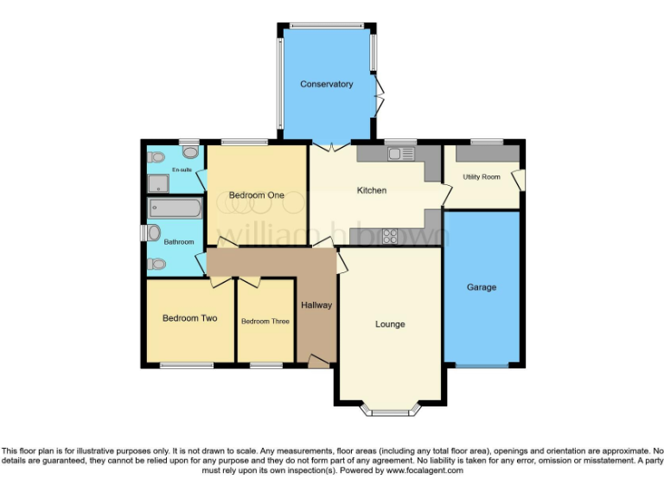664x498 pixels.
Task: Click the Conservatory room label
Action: pos(326,84)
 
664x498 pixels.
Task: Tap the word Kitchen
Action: pos(372,190)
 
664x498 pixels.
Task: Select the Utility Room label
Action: pos(482,177)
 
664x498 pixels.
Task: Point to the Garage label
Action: pos(482,287)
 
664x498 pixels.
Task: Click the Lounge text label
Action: pos(390,324)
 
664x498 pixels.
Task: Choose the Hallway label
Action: pos(316,305)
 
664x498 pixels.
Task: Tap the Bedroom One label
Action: pos(257,195)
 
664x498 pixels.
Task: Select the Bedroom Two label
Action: pos(189,318)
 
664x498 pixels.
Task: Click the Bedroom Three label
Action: pos(265,322)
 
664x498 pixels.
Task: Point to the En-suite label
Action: pos(182,169)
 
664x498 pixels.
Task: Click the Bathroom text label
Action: pos(179,242)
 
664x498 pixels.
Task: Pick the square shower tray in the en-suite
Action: pos(158,182)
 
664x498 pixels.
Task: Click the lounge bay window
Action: pos(390,410)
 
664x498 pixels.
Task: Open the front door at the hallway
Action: pos(318,361)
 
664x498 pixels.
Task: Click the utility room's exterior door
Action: pos(519,179)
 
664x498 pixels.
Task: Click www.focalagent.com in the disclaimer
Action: pos(425,470)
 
